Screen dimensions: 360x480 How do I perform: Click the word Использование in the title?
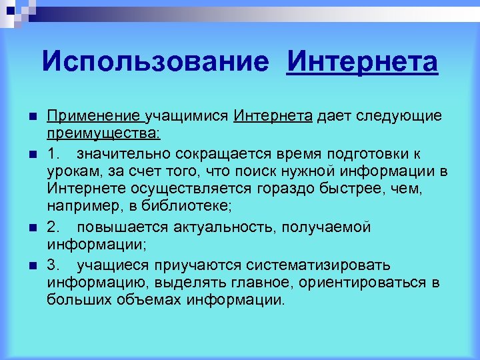pyautogui.click(x=155, y=63)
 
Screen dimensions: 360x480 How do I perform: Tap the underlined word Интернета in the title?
pyautogui.click(x=362, y=63)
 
